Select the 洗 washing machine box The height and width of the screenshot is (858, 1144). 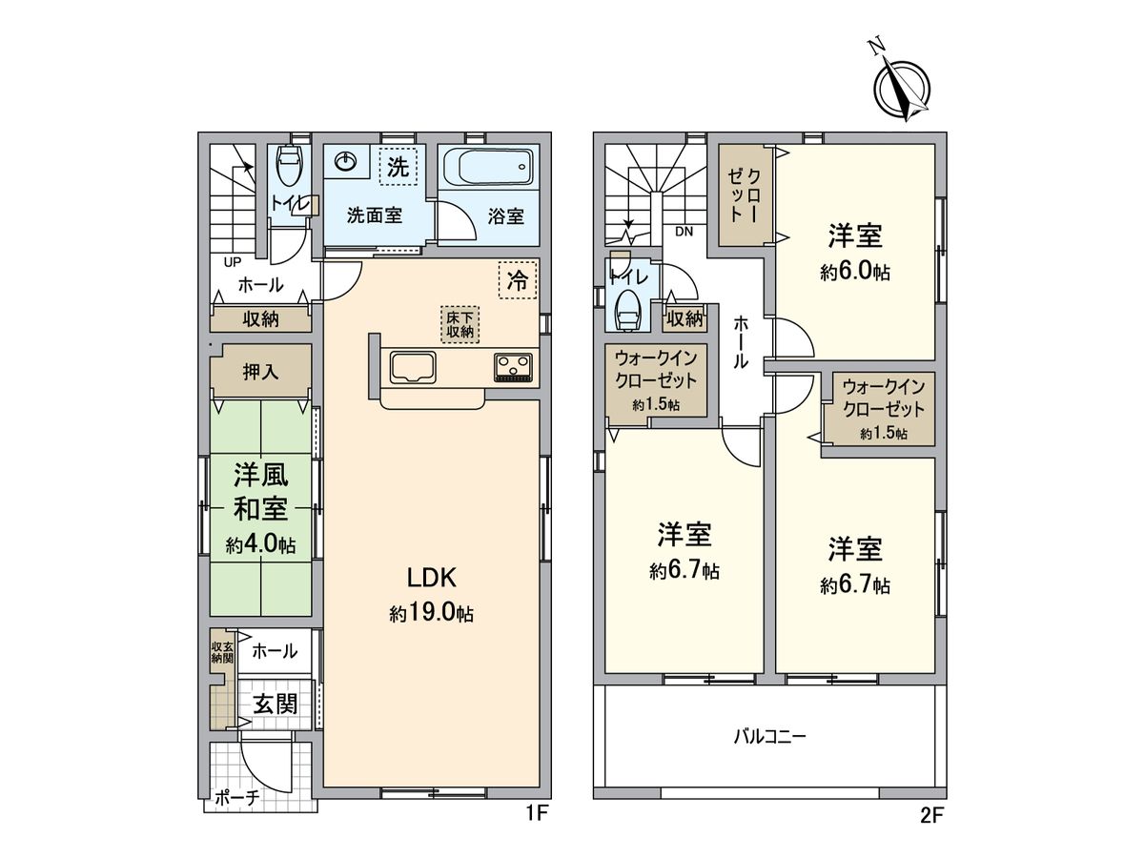tap(398, 169)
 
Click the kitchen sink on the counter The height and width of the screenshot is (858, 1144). tap(411, 367)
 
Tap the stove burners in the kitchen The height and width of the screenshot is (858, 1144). tap(514, 366)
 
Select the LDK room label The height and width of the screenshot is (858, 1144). tap(434, 577)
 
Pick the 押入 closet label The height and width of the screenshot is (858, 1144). tap(260, 372)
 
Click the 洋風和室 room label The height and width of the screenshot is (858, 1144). tap(260, 491)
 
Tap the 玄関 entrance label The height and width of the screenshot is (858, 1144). tap(275, 705)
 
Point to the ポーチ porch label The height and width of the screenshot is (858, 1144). tap(236, 798)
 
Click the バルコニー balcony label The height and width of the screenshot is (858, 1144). tap(769, 737)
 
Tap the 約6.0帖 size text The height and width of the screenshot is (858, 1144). tap(855, 272)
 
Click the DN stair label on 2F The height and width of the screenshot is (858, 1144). tap(684, 232)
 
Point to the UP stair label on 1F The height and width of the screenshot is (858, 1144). tap(231, 260)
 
